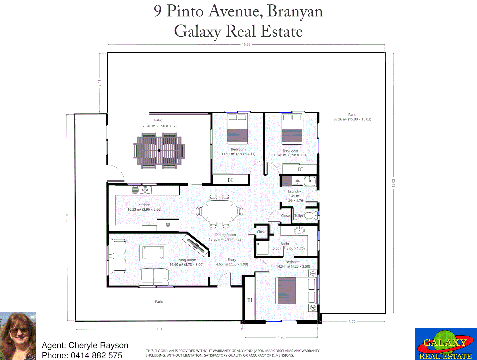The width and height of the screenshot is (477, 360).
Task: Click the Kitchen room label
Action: point(144,205)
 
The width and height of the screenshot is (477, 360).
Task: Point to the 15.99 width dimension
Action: point(246,45)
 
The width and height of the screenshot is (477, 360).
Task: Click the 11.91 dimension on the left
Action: point(67,218)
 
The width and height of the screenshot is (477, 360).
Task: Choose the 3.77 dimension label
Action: point(352,322)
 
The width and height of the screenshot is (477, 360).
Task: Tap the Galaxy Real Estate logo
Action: point(446,344)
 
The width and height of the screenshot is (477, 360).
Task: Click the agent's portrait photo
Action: point(18,336)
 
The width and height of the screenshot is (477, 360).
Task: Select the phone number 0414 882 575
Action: point(96,355)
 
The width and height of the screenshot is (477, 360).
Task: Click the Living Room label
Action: point(186,260)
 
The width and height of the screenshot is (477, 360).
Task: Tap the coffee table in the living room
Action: point(153,253)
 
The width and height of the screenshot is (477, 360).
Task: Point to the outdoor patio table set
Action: point(159,151)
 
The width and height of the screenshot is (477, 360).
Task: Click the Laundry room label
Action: point(294,191)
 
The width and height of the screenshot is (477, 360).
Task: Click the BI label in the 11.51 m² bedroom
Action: point(230,180)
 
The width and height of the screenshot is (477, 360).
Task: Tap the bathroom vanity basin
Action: point(299,230)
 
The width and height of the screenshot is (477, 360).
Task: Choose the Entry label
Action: point(232,260)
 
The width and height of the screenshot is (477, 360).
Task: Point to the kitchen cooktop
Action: point(168,225)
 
